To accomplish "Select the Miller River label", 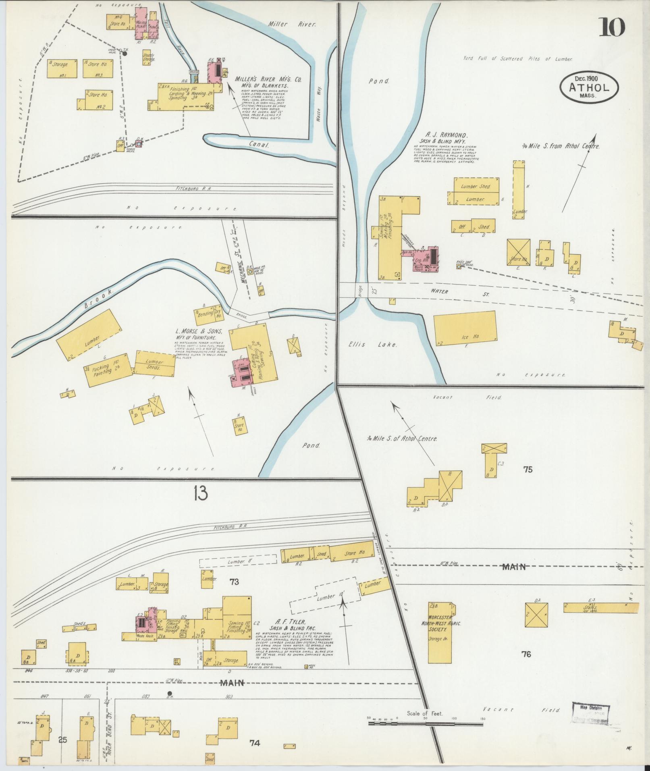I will [x=292, y=24].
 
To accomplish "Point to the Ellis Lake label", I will [x=373, y=345].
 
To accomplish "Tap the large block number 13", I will [x=200, y=493].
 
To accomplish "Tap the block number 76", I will [x=526, y=654].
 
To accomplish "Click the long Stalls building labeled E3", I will [x=600, y=619].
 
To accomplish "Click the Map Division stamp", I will [x=591, y=715].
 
